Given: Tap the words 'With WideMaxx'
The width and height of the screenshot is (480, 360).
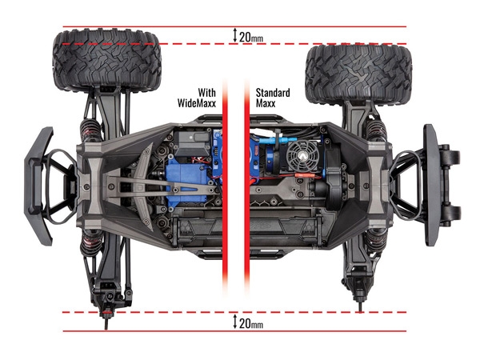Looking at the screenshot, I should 195,98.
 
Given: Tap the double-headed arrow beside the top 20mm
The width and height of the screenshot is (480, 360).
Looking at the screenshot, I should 234,36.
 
